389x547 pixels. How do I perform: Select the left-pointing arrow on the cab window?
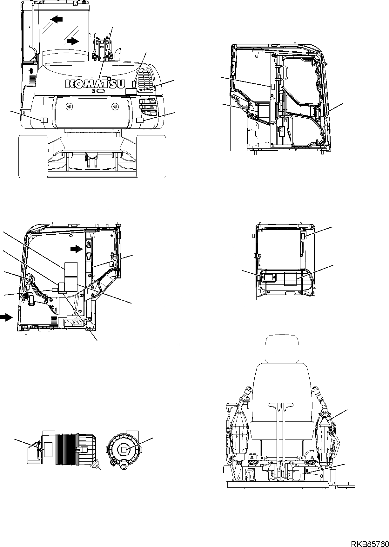point(57,20)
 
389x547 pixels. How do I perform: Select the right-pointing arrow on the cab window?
point(73,41)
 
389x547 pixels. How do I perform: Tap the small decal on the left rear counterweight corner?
point(44,120)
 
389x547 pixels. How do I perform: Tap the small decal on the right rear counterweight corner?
point(140,120)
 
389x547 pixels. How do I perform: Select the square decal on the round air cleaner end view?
point(124,441)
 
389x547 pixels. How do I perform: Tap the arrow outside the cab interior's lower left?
point(5,317)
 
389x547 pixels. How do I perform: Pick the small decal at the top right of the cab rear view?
point(303,236)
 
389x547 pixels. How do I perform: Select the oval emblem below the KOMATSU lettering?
point(100,91)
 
